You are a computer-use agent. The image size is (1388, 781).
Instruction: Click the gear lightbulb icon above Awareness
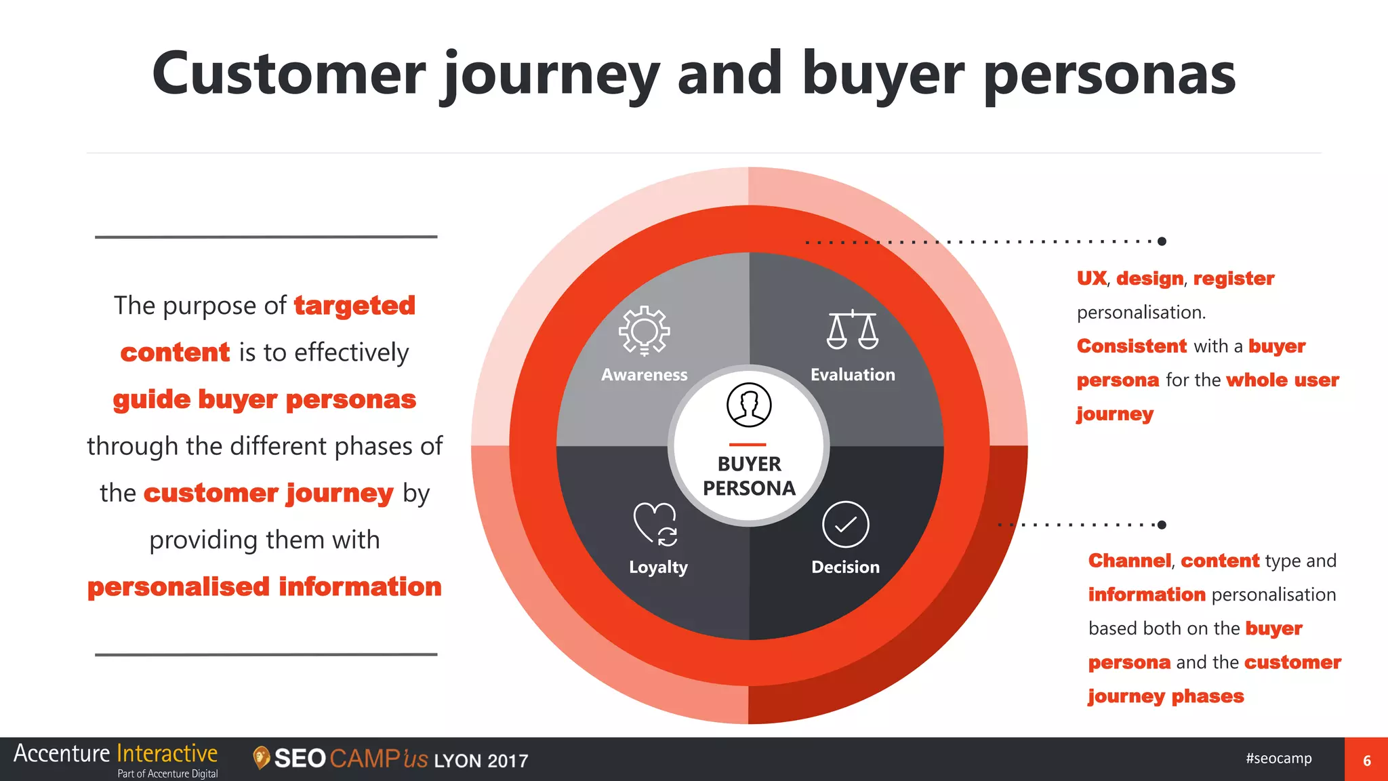coord(644,330)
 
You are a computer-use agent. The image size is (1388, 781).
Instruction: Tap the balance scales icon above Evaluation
coord(853,330)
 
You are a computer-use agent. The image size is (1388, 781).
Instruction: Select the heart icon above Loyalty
coord(655,523)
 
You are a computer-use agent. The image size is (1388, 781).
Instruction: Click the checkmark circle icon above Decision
coord(845,524)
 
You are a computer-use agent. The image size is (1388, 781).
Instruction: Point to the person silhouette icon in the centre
coord(749,405)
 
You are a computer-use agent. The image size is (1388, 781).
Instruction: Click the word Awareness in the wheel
coord(644,375)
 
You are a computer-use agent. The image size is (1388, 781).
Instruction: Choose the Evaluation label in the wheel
coord(853,375)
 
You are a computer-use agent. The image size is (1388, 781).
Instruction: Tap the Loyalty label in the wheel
coord(658,567)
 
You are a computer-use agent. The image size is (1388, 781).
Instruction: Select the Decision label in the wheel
coord(845,567)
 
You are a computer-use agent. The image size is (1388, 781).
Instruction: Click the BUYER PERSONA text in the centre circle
coord(749,476)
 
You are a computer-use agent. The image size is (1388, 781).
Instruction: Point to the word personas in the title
coord(1109,75)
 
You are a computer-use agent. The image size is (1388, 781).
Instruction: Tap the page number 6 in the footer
coord(1366,761)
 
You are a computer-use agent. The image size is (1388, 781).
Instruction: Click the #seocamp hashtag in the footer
coord(1278,758)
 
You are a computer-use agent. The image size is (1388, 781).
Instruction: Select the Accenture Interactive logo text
coord(115,754)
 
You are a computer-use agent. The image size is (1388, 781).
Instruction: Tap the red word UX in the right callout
coord(1091,279)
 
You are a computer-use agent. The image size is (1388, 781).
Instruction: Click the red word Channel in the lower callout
coord(1129,561)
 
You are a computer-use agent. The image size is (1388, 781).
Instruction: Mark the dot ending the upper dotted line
coord(1162,241)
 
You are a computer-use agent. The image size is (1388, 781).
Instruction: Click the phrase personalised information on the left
coord(264,587)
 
